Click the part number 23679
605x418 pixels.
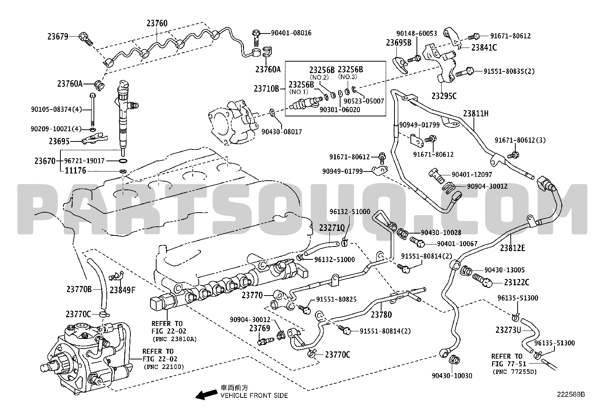click(x=58, y=36)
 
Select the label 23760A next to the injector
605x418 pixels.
click(x=70, y=84)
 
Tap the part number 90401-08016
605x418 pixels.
click(x=291, y=33)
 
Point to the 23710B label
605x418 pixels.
click(x=266, y=88)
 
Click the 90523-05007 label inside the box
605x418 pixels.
click(x=364, y=101)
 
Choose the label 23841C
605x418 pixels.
click(x=484, y=48)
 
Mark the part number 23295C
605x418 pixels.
click(x=444, y=96)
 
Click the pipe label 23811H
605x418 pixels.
click(x=476, y=113)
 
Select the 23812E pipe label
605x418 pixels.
click(x=513, y=248)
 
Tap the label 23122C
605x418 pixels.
click(x=517, y=282)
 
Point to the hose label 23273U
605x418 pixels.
click(x=508, y=330)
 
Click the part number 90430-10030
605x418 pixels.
click(x=452, y=376)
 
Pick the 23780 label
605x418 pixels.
click(x=381, y=315)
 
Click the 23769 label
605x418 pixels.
click(x=260, y=328)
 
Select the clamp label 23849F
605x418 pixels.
click(x=122, y=290)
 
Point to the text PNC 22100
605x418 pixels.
click(x=164, y=367)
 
